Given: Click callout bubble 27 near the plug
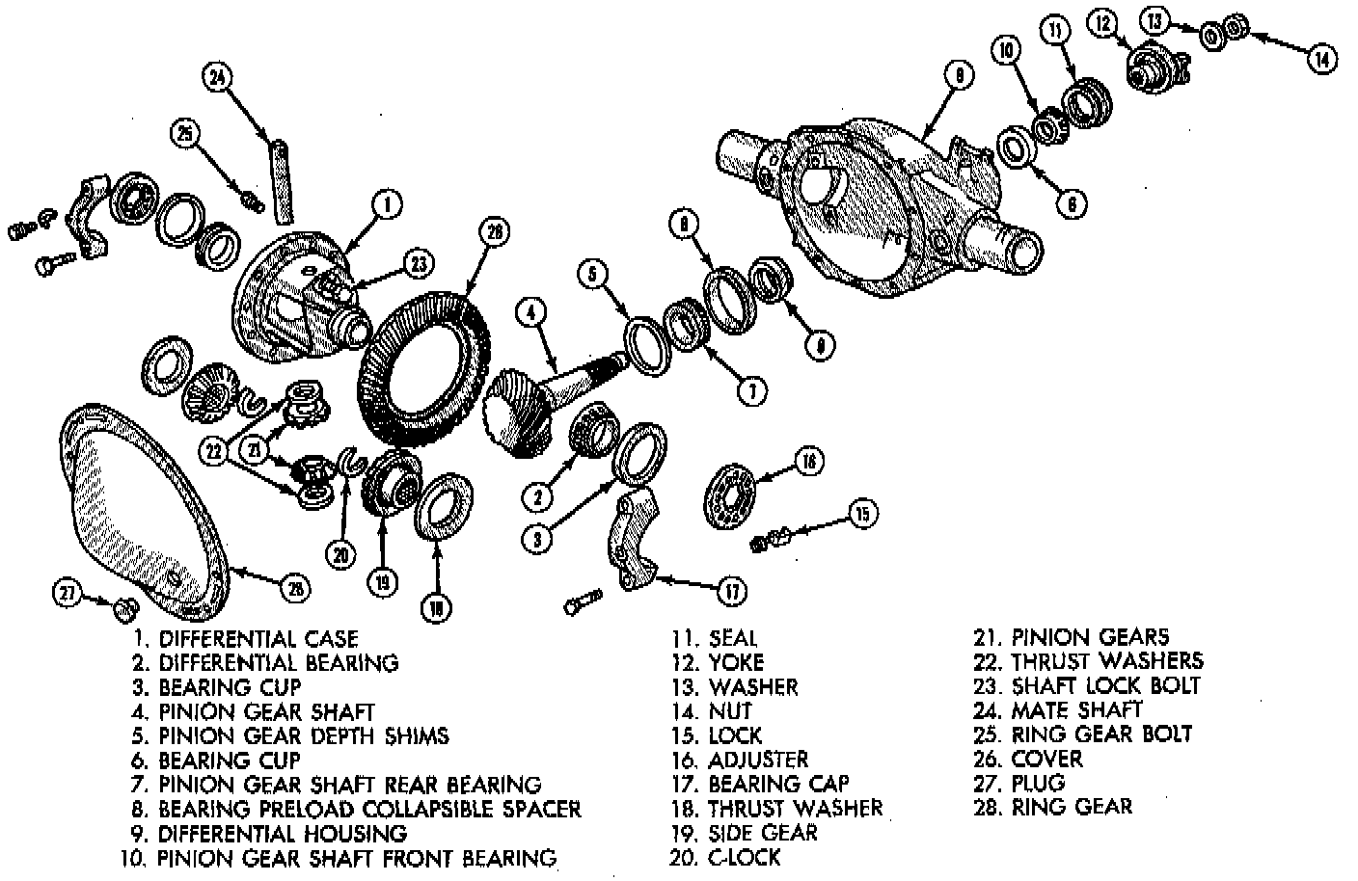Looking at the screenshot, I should tap(67, 595).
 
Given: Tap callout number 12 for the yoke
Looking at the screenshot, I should tap(1102, 23).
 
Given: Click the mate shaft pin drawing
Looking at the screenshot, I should tap(282, 179).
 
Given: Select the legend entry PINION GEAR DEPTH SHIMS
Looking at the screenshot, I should tap(304, 735).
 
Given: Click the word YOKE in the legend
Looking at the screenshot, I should tap(736, 662).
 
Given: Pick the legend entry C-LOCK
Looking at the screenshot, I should tap(744, 857).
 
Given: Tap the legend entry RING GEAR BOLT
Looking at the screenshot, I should tap(1101, 734).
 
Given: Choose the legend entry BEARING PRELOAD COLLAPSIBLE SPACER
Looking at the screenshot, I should tap(369, 808).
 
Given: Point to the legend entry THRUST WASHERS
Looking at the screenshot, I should tap(1107, 661).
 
